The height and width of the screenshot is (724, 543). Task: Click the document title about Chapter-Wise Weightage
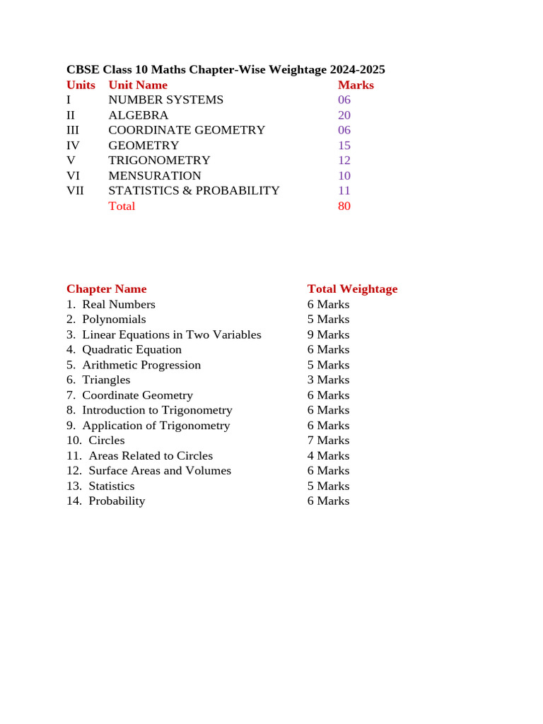(226, 69)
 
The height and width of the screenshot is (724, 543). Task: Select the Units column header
(81, 85)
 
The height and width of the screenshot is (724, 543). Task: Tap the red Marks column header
(356, 85)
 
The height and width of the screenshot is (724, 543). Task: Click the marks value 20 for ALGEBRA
(344, 115)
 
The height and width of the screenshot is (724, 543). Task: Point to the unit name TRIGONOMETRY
(159, 160)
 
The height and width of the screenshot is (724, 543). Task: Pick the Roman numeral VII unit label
(75, 190)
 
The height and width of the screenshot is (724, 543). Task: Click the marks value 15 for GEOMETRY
(344, 146)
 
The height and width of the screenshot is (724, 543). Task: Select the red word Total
(122, 206)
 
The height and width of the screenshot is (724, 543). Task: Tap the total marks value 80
(344, 206)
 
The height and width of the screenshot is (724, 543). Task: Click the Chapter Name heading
(107, 288)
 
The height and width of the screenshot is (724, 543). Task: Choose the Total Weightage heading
(352, 288)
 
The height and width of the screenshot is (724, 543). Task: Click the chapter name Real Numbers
(119, 304)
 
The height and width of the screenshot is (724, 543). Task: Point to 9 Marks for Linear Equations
(328, 334)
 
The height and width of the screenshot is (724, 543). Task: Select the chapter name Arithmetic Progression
(141, 365)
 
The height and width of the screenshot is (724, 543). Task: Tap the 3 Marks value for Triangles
(328, 380)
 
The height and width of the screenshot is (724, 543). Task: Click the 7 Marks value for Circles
(328, 440)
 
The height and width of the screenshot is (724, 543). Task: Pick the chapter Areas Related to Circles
(151, 456)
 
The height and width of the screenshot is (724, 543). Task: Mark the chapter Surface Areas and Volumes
(160, 471)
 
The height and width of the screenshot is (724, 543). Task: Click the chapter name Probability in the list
(117, 501)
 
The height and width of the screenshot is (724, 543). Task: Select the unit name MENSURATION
(155, 175)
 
